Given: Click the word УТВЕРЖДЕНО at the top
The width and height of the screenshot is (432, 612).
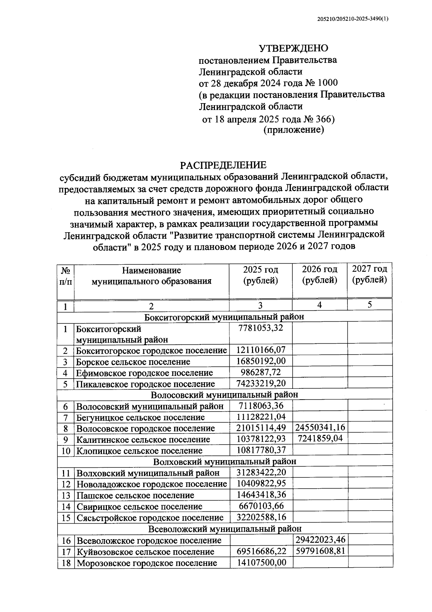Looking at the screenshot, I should [x=294, y=48].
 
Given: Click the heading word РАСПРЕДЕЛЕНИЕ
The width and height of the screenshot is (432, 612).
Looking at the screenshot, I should [x=223, y=165].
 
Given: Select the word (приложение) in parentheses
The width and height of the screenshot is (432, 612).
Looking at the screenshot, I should [x=294, y=130].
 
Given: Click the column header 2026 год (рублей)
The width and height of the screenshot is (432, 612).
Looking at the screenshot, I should [x=320, y=274].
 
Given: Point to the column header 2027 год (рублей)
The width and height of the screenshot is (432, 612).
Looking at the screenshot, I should [x=370, y=274].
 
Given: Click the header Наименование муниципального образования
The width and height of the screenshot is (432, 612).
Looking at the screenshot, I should [x=152, y=276].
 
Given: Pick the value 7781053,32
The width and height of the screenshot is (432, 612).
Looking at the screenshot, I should [x=261, y=328].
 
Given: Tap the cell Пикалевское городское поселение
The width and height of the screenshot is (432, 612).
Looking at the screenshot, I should [x=145, y=384].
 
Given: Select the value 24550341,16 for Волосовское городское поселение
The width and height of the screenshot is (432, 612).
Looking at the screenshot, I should [x=320, y=428].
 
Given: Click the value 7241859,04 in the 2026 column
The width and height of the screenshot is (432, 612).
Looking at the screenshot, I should [x=320, y=439].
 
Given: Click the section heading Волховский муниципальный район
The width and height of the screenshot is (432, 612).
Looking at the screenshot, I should [x=225, y=462].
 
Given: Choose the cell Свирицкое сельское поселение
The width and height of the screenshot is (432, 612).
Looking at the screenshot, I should [x=139, y=507].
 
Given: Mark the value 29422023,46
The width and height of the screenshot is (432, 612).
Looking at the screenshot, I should [x=320, y=540].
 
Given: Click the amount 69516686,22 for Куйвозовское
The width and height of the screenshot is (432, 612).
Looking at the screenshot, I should [x=261, y=551].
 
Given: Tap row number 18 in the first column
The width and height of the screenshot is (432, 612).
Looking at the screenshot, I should [x=66, y=563].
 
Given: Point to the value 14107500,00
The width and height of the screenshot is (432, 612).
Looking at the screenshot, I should [x=261, y=563].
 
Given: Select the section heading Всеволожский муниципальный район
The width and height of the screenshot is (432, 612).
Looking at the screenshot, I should [x=225, y=529].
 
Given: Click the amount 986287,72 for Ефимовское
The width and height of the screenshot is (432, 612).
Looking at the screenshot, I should [x=261, y=372].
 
